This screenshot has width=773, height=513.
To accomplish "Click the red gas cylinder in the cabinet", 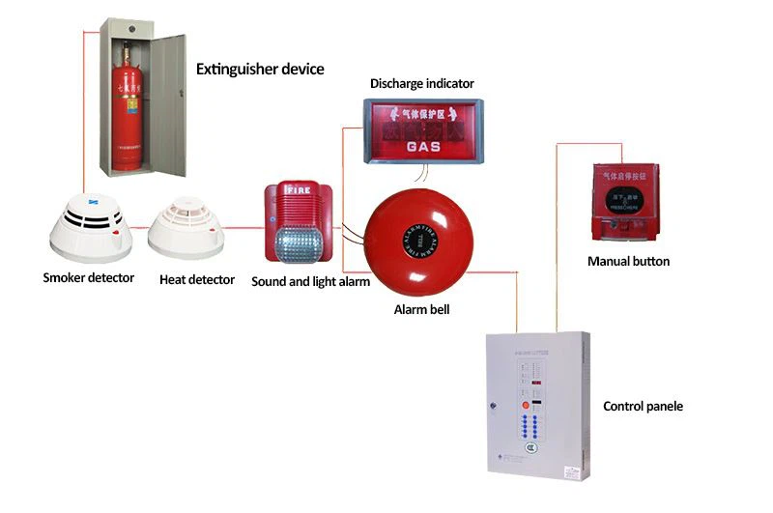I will pos(129,116).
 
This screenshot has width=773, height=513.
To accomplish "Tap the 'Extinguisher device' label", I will pos(260,70).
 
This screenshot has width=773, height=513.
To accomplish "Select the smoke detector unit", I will pos(89,227).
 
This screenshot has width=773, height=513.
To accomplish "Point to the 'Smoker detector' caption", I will pos(89,279).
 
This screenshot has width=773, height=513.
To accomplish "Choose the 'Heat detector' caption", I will pos(197,280).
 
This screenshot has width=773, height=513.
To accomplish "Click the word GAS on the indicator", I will pos(423,148).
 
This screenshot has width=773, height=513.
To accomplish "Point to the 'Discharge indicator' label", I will pos(422,84).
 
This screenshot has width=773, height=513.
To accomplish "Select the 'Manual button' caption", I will pos(628,262).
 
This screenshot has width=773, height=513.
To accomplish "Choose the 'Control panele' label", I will pos(643,407).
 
